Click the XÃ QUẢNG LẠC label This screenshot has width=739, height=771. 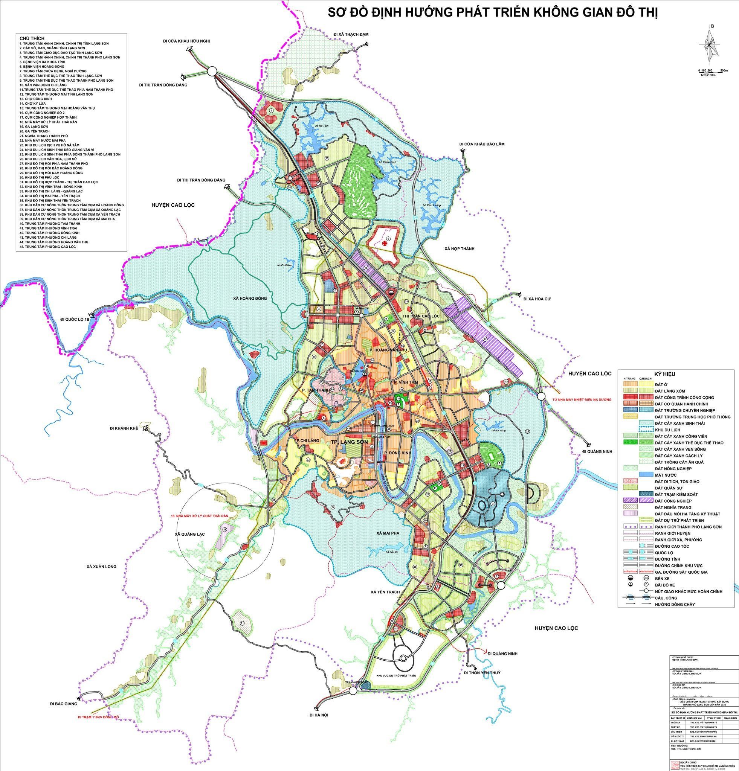191,534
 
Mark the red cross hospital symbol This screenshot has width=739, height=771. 384,244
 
